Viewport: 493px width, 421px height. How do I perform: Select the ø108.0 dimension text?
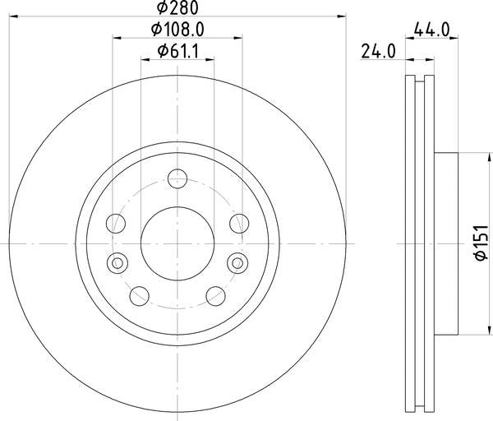pos(177,30)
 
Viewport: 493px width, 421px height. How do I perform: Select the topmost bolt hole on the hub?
pos(177,178)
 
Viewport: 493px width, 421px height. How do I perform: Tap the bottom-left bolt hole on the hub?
pos(138,295)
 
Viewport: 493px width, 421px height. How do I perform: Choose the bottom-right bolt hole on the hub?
pos(215,295)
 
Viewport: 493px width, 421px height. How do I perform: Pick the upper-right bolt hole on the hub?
pos(238,223)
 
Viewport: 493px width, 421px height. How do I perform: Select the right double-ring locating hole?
pos(237,262)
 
